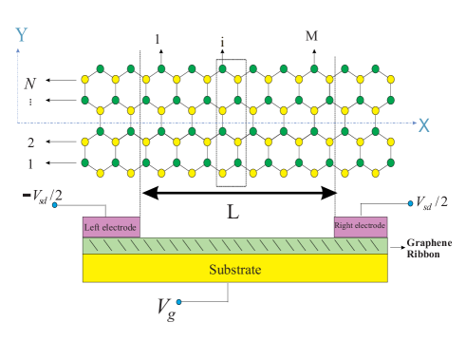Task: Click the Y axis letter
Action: pos(21,35)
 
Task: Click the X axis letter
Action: pos(423,124)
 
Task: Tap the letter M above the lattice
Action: pos(311,36)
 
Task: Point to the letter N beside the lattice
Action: pos(30,84)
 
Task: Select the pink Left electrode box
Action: pos(111,227)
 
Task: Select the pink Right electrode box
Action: pos(360,227)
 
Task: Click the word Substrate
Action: pos(234,270)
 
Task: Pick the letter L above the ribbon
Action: pos(233,211)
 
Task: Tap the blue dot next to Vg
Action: pos(178,302)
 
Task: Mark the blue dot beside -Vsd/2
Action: pos(55,204)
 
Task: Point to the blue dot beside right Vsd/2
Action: pos(410,202)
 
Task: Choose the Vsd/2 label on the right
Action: pos(432,202)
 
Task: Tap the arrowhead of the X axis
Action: pos(412,123)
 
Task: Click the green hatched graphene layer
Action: pos(234,245)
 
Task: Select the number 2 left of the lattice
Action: pos(30,143)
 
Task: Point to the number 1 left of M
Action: pos(158,40)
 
